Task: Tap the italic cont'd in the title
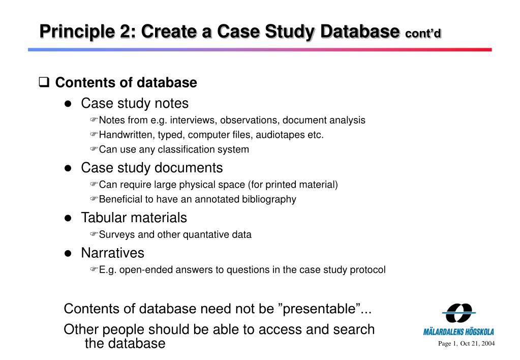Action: (423, 33)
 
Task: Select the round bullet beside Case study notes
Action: (68, 104)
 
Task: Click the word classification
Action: (187, 149)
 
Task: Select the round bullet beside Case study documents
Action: (68, 168)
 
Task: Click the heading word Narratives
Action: (112, 253)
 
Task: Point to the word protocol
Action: (368, 270)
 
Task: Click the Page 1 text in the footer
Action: (447, 344)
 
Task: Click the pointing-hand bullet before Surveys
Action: (94, 235)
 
